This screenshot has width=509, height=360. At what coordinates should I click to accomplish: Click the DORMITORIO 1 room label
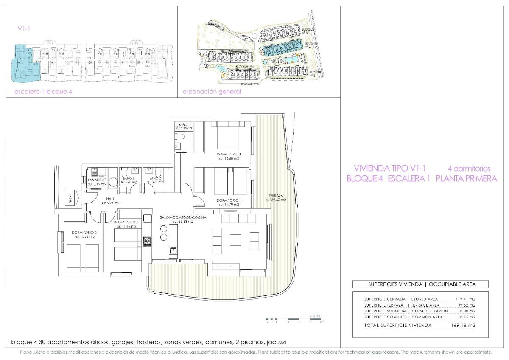point(229,154)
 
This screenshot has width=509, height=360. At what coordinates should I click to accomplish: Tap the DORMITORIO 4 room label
point(229,200)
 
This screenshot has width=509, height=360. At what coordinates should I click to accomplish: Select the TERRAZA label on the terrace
point(276,195)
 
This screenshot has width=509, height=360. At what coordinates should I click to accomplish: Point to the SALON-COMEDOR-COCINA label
point(183,217)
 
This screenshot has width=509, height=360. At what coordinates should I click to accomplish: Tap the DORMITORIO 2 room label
point(84,233)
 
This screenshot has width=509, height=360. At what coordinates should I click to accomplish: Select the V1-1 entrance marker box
point(70,198)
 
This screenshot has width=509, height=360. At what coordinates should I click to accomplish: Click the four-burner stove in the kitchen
point(148,241)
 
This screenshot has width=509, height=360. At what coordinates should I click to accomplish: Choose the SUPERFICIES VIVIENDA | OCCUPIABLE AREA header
point(420,284)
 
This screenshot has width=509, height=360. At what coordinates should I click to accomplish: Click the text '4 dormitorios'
point(469,169)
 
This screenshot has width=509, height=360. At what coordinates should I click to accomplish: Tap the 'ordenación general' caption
point(212,92)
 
